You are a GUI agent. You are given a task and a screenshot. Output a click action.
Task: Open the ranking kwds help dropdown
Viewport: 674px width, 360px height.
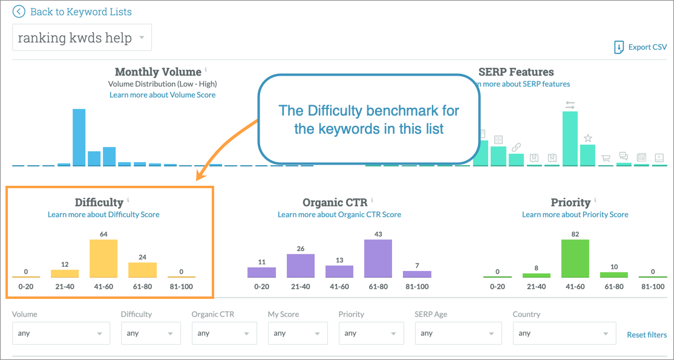coord(82,38)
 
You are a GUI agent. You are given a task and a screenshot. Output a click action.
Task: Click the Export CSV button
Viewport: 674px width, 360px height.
coord(641,47)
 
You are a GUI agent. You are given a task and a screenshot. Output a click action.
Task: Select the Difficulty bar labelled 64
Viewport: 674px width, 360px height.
coord(103,258)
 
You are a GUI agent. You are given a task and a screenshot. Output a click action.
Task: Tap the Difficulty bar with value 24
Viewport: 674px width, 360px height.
coord(142,270)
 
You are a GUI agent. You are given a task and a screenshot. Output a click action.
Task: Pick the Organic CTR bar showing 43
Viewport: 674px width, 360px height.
coord(378,258)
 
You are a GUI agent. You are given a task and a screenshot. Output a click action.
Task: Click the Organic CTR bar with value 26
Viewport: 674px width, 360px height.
coord(301,266)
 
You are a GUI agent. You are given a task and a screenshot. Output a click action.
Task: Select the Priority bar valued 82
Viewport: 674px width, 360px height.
coord(575,258)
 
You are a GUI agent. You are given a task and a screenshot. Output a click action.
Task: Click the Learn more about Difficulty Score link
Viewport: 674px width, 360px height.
coord(103,214)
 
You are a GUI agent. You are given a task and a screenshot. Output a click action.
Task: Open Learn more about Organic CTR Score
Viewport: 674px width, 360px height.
coord(339,214)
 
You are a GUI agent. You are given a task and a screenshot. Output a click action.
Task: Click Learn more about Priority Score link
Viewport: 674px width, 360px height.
coord(575,214)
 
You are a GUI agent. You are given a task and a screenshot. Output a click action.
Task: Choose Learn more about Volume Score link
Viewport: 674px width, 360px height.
coord(162,95)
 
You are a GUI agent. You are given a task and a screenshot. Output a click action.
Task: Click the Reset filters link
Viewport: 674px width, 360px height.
coord(647,335)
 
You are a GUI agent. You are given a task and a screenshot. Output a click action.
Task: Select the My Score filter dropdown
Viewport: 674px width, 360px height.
coord(298,333)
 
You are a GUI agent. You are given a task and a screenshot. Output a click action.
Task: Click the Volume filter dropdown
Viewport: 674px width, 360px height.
coord(61,333)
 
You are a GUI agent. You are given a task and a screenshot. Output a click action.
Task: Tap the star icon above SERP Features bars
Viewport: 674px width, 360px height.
coord(587,138)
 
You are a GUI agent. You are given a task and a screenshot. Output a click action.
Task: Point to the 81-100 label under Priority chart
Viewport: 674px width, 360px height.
coord(653,286)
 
